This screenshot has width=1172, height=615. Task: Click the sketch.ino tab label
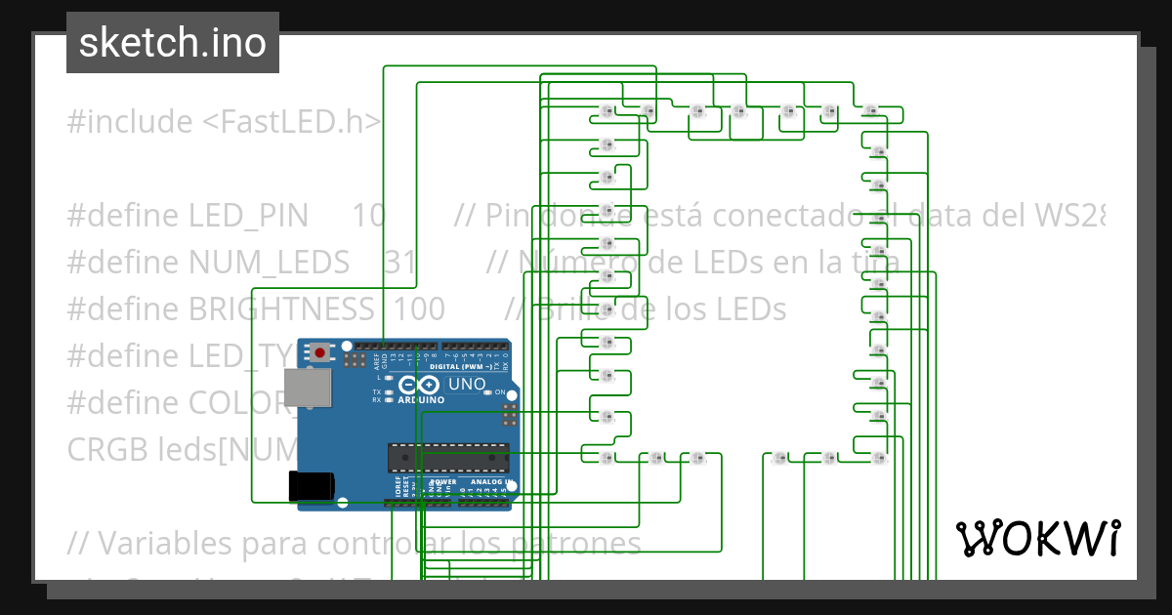pyautogui.click(x=172, y=43)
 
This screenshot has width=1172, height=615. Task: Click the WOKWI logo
pyautogui.click(x=1037, y=538)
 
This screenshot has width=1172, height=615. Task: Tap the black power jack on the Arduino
pyautogui.click(x=312, y=486)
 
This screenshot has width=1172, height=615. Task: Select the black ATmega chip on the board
pyautogui.click(x=448, y=456)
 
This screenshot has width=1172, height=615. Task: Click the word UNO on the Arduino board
pyautogui.click(x=467, y=384)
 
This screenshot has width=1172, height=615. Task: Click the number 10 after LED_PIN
pyautogui.click(x=368, y=216)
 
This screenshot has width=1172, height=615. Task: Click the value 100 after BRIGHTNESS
pyautogui.click(x=420, y=309)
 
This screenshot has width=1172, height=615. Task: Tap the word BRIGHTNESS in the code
pyautogui.click(x=282, y=309)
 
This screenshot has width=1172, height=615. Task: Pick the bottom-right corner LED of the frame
pyautogui.click(x=879, y=457)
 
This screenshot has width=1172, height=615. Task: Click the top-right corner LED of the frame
pyautogui.click(x=871, y=109)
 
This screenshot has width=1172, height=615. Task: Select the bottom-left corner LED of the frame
pyautogui.click(x=607, y=457)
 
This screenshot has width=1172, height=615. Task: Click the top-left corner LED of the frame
pyautogui.click(x=606, y=109)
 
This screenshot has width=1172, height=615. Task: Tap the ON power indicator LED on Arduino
pyautogui.click(x=487, y=392)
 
